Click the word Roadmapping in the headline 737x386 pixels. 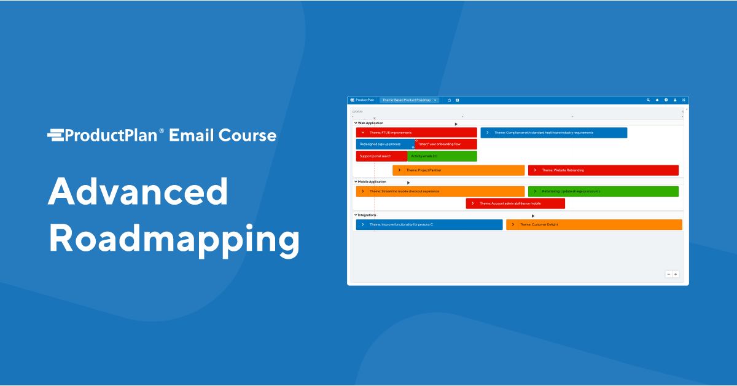pos(174,239)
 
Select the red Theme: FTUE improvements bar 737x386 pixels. pos(416,133)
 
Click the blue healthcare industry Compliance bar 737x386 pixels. pos(553,133)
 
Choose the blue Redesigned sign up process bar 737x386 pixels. pos(384,144)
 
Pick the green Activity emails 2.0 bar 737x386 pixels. pos(442,156)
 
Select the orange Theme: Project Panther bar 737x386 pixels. pos(458,170)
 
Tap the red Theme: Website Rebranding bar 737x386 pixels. pos(603,170)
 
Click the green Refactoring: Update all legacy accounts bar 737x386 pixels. pos(603,191)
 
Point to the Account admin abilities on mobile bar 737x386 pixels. pos(515,203)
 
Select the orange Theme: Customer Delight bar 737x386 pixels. pos(594,225)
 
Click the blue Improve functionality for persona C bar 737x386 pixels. pos(429,225)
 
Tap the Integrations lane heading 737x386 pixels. pos(367,215)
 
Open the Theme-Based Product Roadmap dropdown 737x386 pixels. pos(409,100)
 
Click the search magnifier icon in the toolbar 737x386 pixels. pos(648,100)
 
